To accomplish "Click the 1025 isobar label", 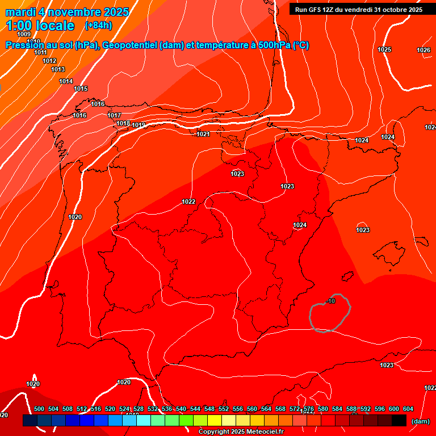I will point(384,49).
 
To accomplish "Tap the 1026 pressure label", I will point(424,51).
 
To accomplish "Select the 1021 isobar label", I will point(203,135).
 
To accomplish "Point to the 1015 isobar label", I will point(81,89).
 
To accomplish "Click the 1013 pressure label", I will point(58,70).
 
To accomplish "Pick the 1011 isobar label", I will point(40,53).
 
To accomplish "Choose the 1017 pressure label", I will point(114,116).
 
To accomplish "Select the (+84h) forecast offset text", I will point(98,26).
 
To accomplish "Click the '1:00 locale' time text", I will point(40,26).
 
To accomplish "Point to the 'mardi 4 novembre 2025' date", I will point(67,12).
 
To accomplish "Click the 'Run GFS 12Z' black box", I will point(358,10).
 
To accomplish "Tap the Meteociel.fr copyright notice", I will point(241,432).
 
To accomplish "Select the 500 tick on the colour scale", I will point(39,409).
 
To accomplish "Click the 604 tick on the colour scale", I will point(408,409).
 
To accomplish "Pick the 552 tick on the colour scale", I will point(224,409).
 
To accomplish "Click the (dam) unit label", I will point(420,421).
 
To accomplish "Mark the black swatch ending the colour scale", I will point(399,421).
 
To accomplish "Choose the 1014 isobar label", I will point(66,82).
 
